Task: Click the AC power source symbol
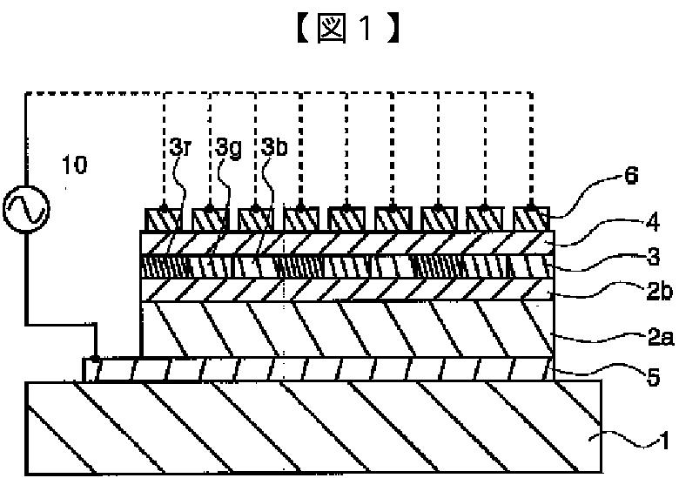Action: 26,210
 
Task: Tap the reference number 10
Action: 75,165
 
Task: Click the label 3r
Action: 180,148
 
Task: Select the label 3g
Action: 228,149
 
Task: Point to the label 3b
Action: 274,148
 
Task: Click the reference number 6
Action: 632,176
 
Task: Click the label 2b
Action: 660,292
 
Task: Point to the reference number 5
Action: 653,377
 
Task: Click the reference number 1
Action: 662,442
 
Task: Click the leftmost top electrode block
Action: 163,219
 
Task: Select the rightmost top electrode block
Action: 531,219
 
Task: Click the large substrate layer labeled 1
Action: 313,427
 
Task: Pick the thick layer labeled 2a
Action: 347,329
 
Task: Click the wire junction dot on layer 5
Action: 95,359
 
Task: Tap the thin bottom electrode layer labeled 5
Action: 319,369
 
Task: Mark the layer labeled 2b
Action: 347,290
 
